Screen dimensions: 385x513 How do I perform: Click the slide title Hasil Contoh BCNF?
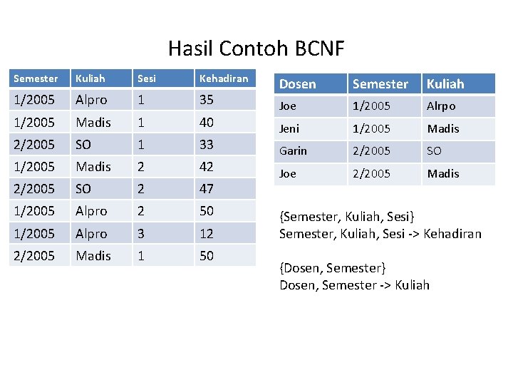[256, 48]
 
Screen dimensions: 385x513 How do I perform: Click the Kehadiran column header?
[224, 78]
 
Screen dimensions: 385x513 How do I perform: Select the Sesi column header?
[146, 78]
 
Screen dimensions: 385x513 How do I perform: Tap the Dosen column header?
[297, 84]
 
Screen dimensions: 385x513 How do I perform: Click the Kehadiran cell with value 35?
[207, 100]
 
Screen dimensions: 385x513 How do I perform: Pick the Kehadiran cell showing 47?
[207, 189]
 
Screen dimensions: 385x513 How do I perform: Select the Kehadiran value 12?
[207, 233]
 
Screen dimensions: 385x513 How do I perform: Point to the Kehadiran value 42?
[207, 166]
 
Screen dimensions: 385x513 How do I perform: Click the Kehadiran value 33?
[207, 144]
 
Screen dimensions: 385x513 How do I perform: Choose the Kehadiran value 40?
[207, 122]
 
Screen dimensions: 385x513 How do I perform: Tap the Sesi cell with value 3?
[141, 233]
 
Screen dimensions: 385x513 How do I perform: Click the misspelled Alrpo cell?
[441, 106]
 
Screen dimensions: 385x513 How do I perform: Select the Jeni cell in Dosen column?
[289, 129]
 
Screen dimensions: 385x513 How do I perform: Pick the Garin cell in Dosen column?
[293, 151]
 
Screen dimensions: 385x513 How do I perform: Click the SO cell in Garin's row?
[434, 151]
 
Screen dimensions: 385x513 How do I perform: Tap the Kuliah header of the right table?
[445, 84]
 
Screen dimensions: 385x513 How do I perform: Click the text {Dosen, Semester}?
[333, 268]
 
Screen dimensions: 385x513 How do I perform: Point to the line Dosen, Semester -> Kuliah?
[354, 285]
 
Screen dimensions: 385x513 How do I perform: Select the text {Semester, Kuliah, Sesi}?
[347, 217]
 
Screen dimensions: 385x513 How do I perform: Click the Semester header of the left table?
[36, 78]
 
